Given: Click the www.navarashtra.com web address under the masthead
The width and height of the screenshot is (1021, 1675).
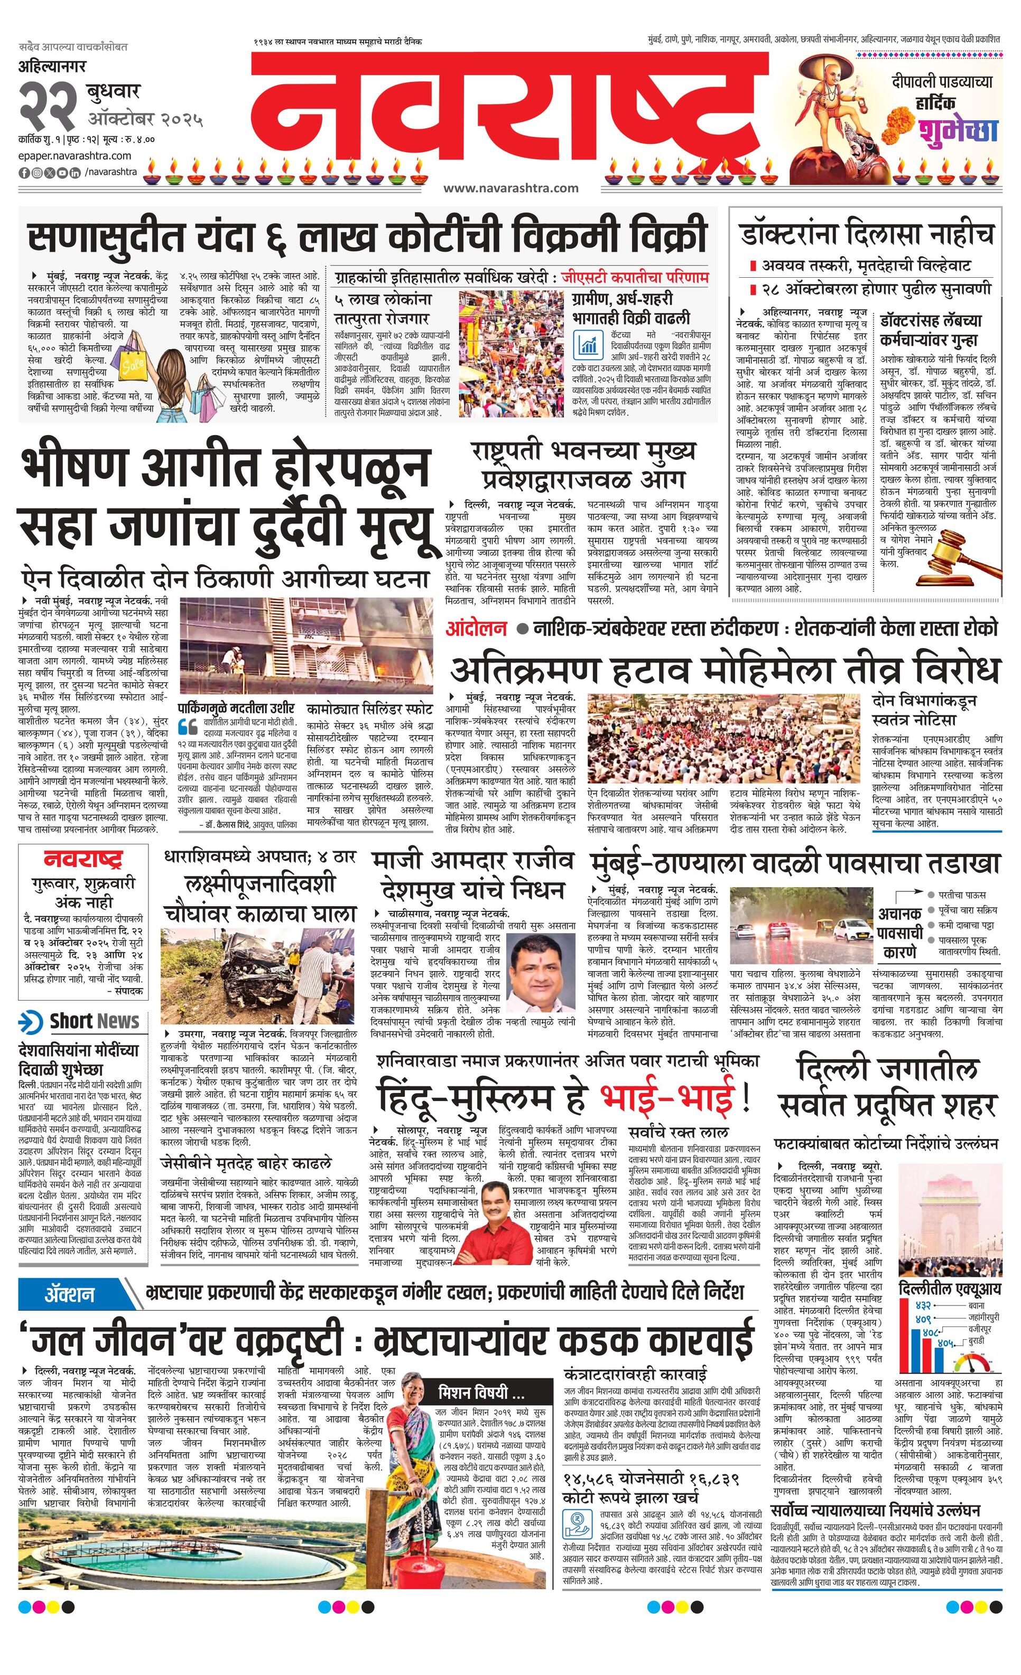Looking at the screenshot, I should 510,189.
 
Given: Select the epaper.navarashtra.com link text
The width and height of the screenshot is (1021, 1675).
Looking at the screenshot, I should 66,157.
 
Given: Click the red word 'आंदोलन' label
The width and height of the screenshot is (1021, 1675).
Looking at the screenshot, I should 476,628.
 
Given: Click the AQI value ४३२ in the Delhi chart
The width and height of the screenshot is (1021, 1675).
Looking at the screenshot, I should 923,1306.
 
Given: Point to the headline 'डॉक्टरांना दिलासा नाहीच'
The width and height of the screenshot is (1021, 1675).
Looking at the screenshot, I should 867,234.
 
